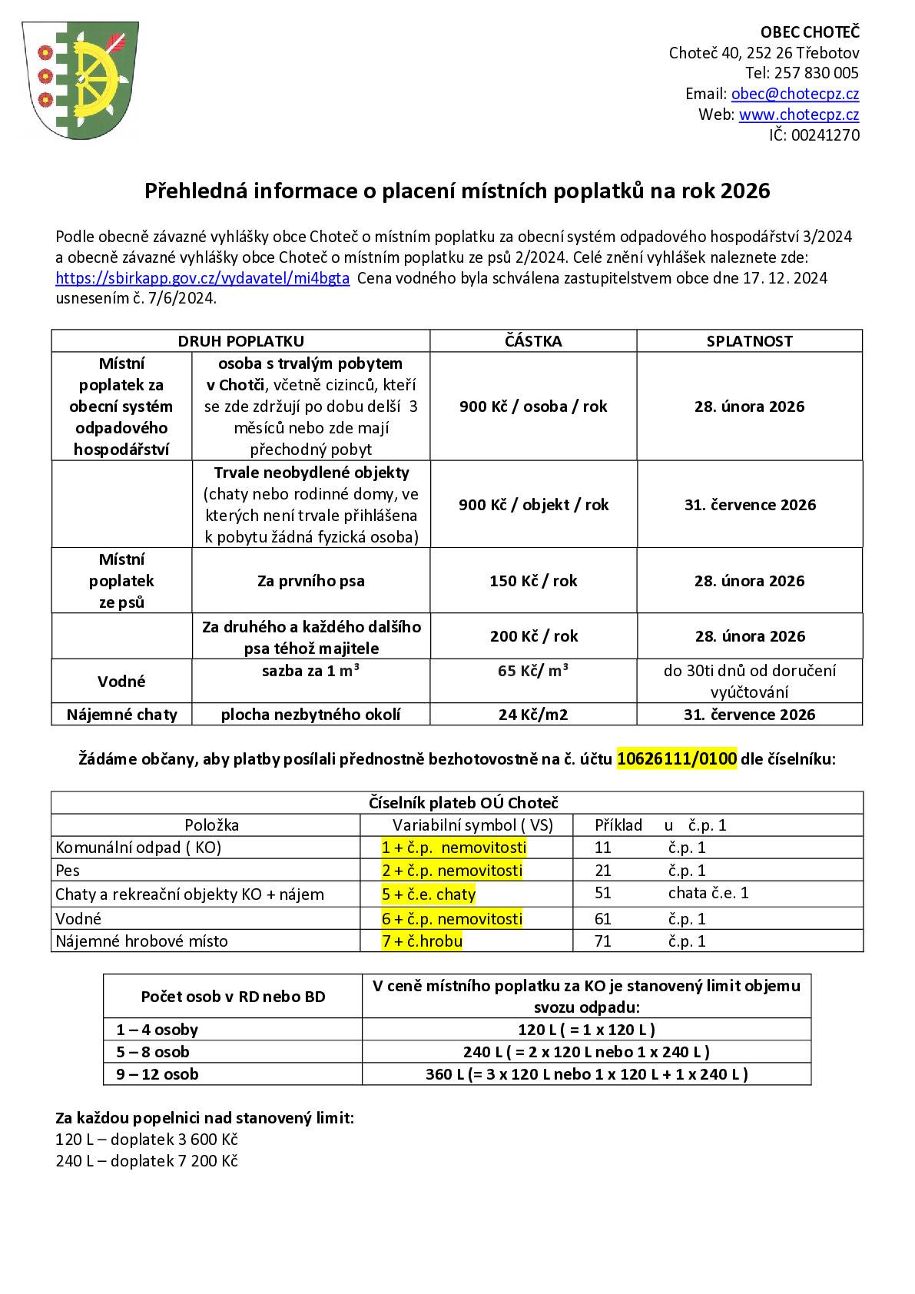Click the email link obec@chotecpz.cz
[x=794, y=94]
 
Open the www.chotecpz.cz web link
[x=798, y=114]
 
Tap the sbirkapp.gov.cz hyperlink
[x=203, y=278]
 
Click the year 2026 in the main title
[x=745, y=191]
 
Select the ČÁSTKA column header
[x=533, y=341]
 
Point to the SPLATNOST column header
[x=749, y=341]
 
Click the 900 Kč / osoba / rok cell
[x=533, y=406]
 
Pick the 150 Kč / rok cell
[x=533, y=581]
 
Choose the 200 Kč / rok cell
[x=533, y=636]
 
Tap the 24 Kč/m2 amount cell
[x=533, y=715]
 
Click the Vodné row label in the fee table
[x=121, y=682]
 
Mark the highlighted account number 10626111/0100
[x=677, y=759]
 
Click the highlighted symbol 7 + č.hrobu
[x=422, y=941]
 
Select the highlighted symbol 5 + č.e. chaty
[x=429, y=894]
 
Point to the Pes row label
[x=68, y=871]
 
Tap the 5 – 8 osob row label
[x=153, y=1052]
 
